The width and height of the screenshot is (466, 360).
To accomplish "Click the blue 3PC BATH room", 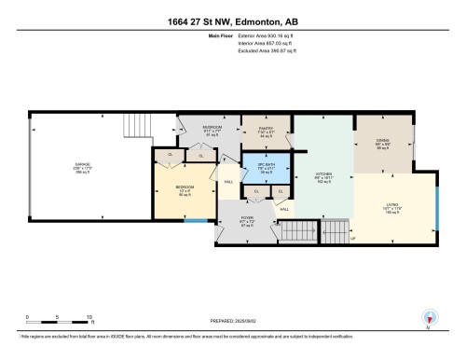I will click(x=265, y=169).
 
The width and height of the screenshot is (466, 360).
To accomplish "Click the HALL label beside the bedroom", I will click(x=227, y=182).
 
